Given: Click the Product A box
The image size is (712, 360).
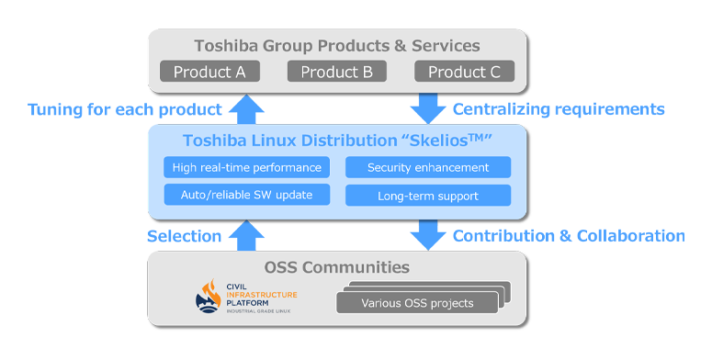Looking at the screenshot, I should [209, 72].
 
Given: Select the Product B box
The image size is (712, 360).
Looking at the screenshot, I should [337, 72].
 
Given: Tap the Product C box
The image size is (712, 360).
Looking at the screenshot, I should [465, 72].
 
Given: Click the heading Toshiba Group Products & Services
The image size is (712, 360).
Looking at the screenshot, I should [337, 45].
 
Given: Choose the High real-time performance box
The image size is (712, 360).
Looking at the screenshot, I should [247, 167].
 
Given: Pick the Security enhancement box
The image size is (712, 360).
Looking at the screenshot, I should [427, 167].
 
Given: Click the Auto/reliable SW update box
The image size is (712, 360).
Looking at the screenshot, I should [247, 195].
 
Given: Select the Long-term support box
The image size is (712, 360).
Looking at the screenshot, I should [427, 196].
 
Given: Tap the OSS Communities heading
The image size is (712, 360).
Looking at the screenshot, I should [337, 267].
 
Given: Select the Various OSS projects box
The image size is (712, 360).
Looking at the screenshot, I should [417, 303].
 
